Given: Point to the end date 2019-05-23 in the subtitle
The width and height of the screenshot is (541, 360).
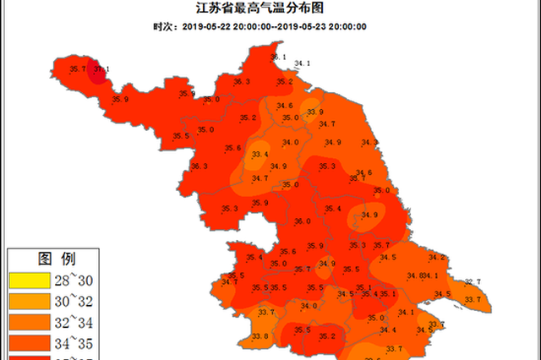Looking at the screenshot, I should point(302,26).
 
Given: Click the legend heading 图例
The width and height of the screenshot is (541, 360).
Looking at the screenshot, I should point(57,258).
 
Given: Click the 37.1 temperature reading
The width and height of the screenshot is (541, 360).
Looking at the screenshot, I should point(101,69).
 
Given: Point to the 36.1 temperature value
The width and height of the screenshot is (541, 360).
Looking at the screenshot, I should point(278,57).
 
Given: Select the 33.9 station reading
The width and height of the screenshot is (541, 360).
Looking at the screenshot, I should point(315,112).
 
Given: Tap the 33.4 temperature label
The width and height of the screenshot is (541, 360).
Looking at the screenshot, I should point(260,154).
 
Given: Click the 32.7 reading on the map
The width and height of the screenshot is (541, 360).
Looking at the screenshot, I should point(472,282).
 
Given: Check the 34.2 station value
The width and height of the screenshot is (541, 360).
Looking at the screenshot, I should point(436,257).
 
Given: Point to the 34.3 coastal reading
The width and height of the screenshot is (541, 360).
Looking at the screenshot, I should point(369,143).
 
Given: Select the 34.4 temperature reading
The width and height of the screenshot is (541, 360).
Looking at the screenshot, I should point(387,330).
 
